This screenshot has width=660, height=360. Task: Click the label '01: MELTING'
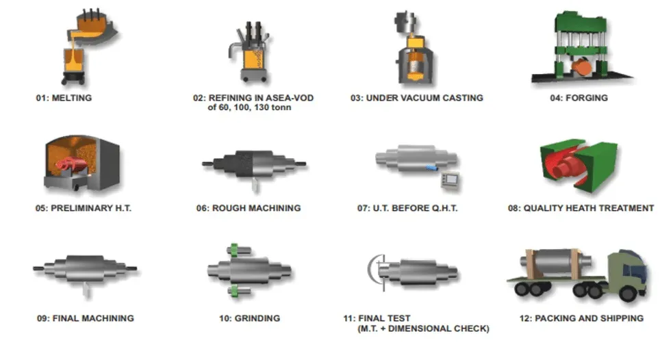click(x=64, y=98)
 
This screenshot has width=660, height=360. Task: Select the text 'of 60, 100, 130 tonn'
click(x=244, y=107)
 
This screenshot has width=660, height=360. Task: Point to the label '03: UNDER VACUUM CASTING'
click(x=416, y=98)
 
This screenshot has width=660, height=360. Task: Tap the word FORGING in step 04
click(x=587, y=98)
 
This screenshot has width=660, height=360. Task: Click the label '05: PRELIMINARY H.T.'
click(x=84, y=208)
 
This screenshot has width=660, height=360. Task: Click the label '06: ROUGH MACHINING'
click(x=248, y=208)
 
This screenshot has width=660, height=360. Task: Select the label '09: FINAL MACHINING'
click(x=85, y=318)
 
